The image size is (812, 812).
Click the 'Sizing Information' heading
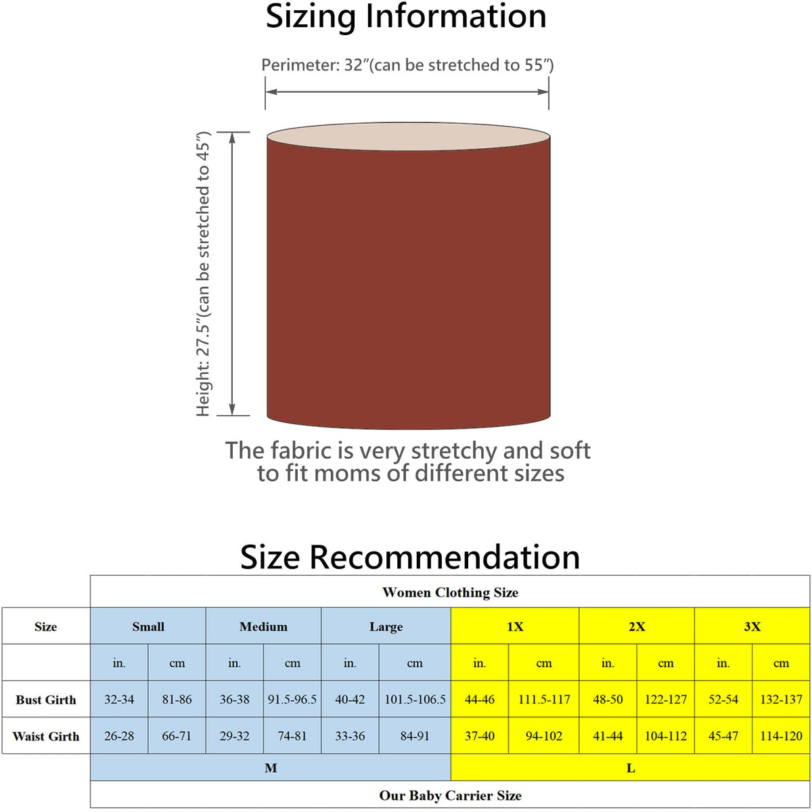click(406, 18)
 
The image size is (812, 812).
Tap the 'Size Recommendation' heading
click(410, 558)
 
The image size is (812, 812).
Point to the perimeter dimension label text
click(407, 66)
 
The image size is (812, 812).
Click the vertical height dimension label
click(204, 274)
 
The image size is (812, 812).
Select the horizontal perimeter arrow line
click(407, 92)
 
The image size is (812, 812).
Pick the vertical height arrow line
click(232, 274)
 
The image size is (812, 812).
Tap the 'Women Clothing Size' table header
click(450, 593)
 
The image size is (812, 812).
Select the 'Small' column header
click(148, 627)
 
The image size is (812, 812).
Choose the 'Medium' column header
click(263, 627)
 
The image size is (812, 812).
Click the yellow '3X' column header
click(752, 627)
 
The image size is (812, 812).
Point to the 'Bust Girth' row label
click(46, 700)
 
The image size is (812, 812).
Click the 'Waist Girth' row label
click(46, 736)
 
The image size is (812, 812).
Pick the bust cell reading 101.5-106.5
click(415, 700)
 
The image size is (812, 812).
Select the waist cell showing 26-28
click(119, 736)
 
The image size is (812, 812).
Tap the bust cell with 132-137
click(781, 700)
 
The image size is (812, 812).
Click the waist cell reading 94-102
click(544, 736)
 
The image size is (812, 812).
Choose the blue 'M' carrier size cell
click(271, 768)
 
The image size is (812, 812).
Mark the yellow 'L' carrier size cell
click(631, 768)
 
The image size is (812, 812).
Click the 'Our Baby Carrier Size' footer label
click(450, 796)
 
